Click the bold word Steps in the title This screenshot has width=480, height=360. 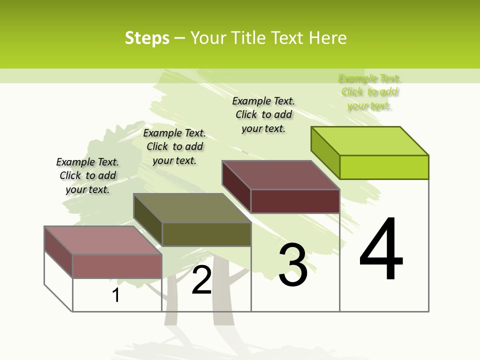147,38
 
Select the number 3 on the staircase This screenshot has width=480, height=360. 293,265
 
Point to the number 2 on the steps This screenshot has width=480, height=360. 202,280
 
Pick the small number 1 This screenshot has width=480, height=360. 116,295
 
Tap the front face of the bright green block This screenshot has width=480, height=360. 384,167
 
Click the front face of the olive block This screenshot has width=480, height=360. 206,234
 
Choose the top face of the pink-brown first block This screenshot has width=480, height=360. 103,240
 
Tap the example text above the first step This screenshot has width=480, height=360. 87,175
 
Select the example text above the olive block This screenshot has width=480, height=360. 174,146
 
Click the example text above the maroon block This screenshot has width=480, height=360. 263,114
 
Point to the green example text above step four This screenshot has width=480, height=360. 369,92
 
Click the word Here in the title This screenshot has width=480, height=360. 327,38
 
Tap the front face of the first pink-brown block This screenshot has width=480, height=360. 117,266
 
